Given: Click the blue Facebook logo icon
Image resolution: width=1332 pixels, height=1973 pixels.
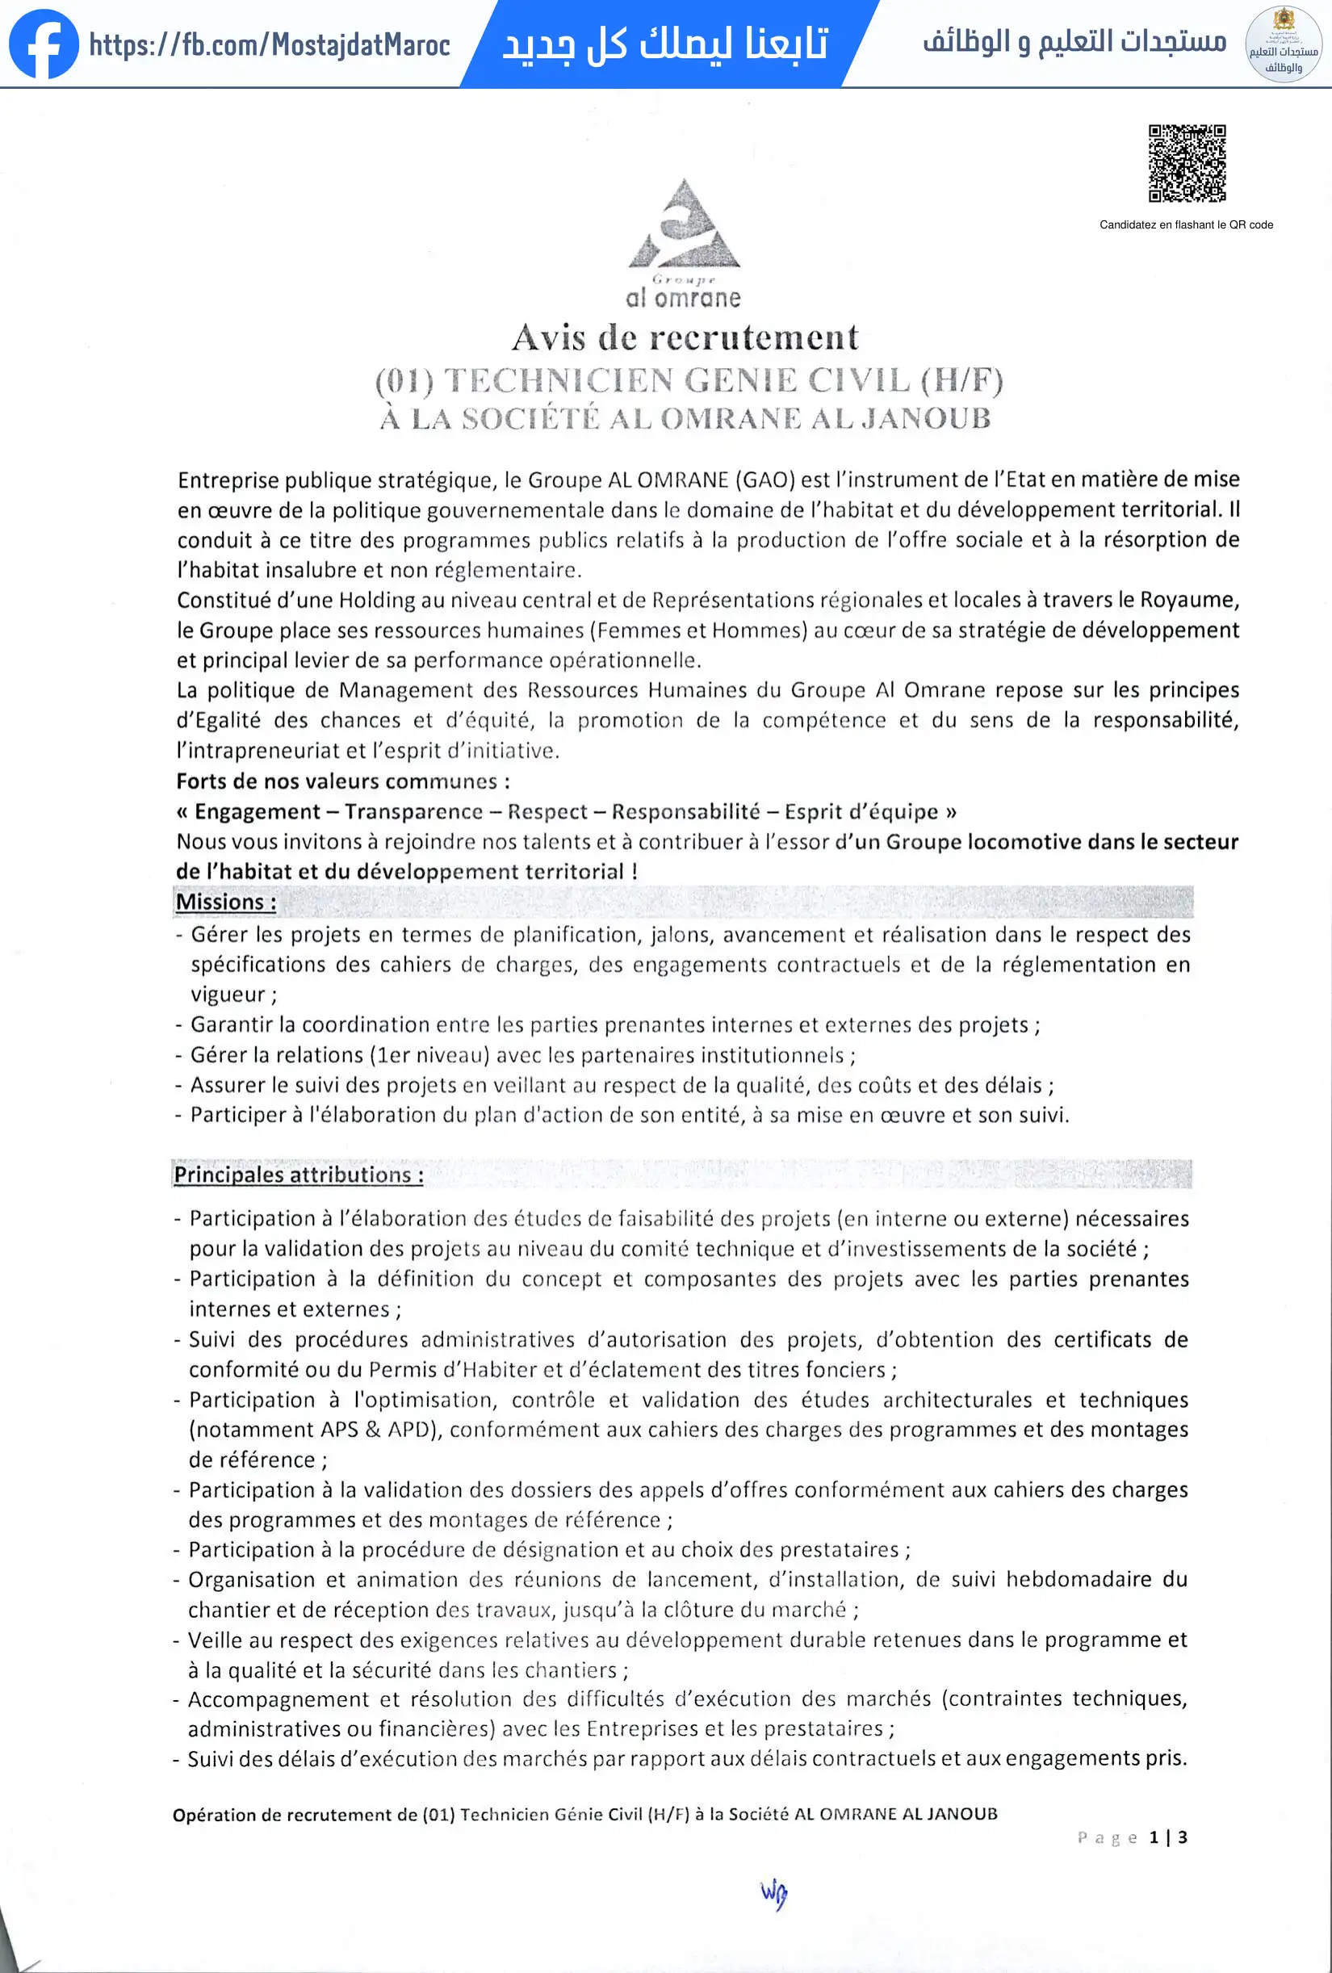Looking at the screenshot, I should (44, 44).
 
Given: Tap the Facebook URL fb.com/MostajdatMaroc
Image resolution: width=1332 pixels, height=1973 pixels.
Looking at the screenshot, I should (269, 45).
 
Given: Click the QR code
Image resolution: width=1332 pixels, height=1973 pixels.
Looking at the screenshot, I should (1187, 163).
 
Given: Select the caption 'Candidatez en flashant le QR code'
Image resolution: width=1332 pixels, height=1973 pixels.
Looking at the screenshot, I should (1186, 225).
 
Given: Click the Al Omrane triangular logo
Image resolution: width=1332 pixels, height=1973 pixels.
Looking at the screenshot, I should (685, 225).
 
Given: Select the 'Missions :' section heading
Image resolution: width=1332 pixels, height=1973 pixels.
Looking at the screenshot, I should (226, 902).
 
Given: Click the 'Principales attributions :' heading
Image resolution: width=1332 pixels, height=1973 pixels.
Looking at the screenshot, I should (298, 1175).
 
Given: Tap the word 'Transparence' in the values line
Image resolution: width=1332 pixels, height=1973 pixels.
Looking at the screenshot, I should (413, 811).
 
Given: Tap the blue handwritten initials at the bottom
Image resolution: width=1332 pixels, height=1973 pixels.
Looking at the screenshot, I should (773, 1893).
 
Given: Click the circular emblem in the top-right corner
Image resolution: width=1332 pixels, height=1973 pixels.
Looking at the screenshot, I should (1283, 44).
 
